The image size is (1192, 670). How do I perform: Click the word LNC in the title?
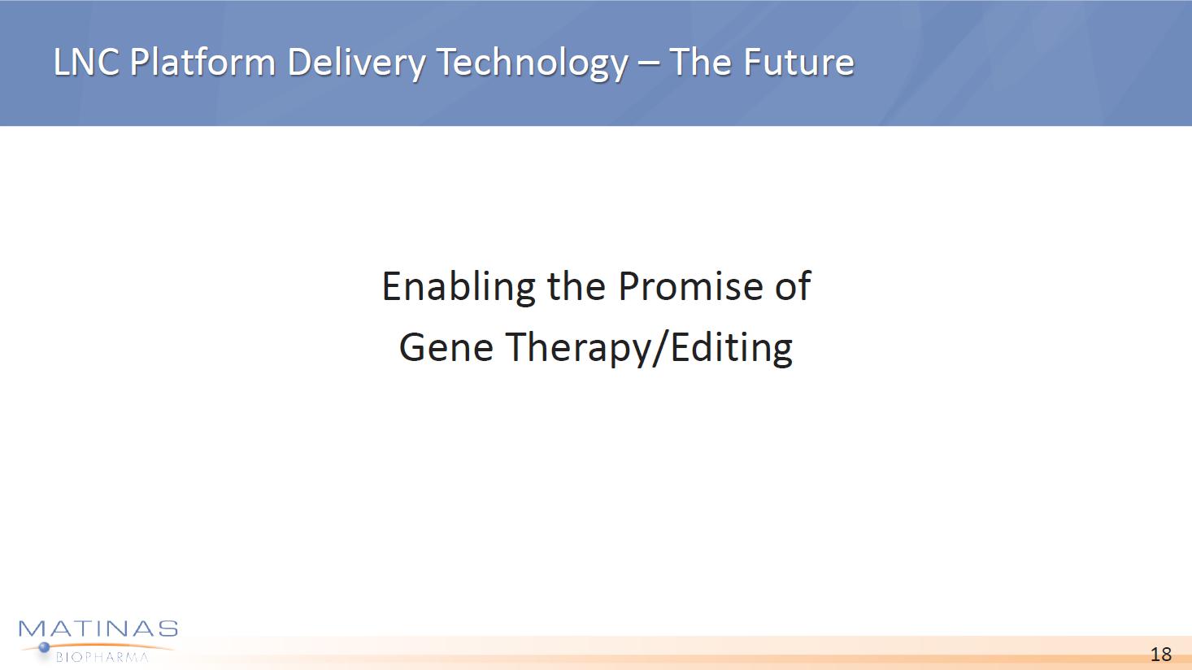tap(86, 62)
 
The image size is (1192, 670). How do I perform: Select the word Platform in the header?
tap(202, 62)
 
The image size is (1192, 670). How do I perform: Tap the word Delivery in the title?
tap(356, 65)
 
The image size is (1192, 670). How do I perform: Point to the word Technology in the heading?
tap(533, 65)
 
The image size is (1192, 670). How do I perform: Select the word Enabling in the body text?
tap(459, 288)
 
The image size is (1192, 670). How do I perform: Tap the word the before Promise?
tap(576, 286)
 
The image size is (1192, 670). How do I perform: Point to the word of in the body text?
tap(792, 285)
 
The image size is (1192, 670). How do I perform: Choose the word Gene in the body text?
tap(446, 347)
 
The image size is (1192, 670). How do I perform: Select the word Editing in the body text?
tap(732, 349)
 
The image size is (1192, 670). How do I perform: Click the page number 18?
tap(1161, 654)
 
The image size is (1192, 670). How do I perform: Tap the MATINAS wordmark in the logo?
tap(98, 629)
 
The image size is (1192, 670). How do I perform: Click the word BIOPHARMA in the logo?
tap(102, 657)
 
